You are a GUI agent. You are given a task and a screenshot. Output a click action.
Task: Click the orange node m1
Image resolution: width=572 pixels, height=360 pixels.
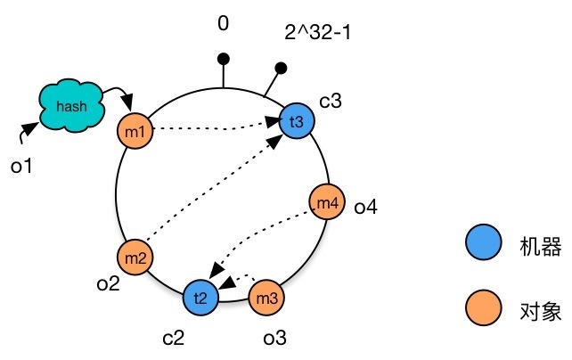[x=136, y=132]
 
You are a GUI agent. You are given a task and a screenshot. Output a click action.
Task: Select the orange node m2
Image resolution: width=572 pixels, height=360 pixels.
[x=136, y=258]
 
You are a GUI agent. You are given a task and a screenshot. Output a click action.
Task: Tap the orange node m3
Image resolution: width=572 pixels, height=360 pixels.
[x=266, y=296]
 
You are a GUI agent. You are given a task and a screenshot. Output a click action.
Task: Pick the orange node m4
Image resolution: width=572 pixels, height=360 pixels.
[x=326, y=204]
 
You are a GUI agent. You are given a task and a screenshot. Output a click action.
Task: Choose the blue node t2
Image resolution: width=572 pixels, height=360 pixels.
[x=200, y=298]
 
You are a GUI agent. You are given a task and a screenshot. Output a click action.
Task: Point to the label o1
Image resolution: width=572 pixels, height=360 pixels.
[x=21, y=165]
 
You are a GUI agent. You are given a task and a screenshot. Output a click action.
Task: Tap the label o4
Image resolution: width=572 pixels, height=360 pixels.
[x=365, y=208]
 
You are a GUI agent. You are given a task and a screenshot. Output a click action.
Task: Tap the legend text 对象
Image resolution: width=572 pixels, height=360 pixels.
[x=534, y=310]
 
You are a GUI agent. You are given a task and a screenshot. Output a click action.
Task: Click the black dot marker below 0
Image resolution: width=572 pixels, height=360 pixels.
[x=224, y=59]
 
